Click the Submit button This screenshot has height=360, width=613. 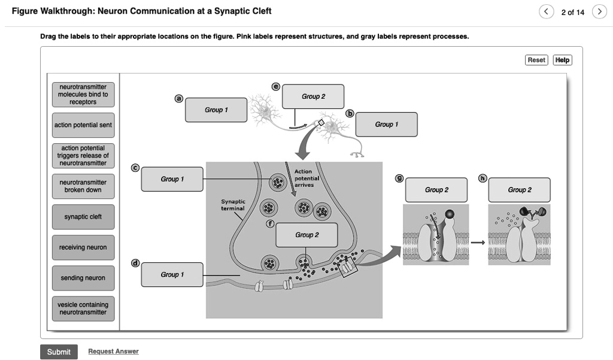point(59,352)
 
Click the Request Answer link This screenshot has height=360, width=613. point(113,352)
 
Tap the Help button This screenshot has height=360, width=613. point(562,60)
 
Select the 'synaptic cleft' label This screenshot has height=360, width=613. point(83,217)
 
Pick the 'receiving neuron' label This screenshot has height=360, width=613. point(83,247)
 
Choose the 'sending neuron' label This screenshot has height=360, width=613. point(83,278)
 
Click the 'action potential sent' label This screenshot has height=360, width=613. point(83,125)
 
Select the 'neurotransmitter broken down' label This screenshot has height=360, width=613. point(83,186)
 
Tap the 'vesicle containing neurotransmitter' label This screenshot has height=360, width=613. point(83,308)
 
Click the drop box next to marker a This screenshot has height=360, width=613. point(216,110)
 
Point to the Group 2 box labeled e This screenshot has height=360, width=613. point(313,96)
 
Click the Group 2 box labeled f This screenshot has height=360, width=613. point(306,235)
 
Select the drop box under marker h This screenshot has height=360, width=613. point(519,190)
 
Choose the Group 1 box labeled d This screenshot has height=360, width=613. point(172,275)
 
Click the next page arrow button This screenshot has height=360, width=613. point(598,12)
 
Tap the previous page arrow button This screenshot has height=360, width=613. point(547,12)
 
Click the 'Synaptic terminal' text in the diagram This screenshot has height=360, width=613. point(233,205)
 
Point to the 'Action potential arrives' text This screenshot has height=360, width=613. point(306,179)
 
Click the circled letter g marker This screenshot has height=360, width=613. point(399,178)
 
